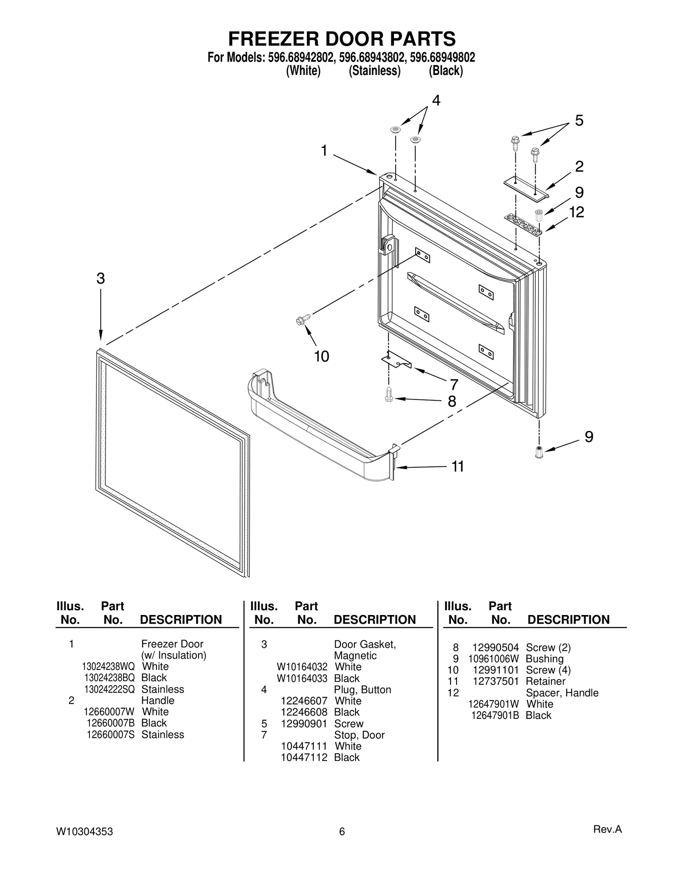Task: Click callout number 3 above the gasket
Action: tap(101, 279)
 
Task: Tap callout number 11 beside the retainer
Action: tap(457, 467)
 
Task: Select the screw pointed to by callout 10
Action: tap(302, 319)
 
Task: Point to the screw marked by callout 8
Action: tap(388, 394)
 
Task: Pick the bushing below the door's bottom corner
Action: tap(539, 452)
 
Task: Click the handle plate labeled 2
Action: tap(526, 189)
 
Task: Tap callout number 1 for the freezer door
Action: tap(324, 151)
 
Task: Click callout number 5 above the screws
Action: tap(579, 121)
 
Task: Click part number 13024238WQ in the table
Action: tap(108, 667)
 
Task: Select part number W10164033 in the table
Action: tap(302, 678)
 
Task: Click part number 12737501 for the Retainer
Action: tap(496, 681)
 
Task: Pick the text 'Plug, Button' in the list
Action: tap(362, 690)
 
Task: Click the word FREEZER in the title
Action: tap(273, 39)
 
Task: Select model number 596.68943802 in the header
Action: tap(371, 57)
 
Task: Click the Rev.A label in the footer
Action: tap(607, 829)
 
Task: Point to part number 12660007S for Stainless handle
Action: tap(110, 735)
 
